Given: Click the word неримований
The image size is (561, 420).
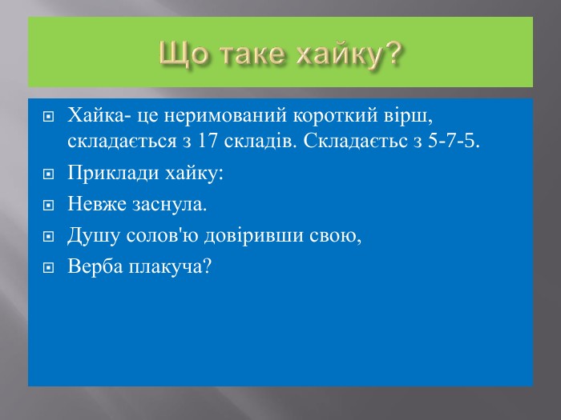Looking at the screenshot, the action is click(x=225, y=115).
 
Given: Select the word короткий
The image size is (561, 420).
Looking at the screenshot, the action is click(x=335, y=115).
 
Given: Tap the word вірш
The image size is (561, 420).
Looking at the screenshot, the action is click(x=407, y=116).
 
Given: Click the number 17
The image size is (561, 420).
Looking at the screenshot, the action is click(x=208, y=141).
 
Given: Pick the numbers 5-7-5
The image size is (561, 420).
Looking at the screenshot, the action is click(x=452, y=141).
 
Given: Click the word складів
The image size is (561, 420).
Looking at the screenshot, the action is click(x=260, y=141).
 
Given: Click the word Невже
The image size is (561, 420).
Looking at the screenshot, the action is click(x=97, y=204).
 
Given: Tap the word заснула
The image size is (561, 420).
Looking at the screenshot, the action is click(x=168, y=205).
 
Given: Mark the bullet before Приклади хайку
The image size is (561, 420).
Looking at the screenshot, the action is click(x=48, y=174).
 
